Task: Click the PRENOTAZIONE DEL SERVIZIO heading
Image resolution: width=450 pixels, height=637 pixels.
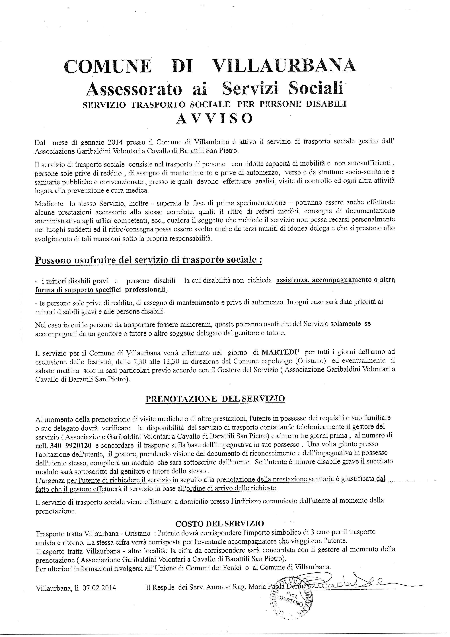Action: point(215,398)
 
